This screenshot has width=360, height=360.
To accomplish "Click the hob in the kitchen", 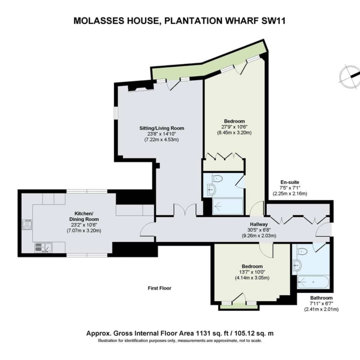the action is (x=27, y=224).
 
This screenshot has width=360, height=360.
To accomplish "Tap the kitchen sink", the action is (x=43, y=247).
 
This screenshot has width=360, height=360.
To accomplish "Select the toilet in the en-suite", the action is (x=217, y=178).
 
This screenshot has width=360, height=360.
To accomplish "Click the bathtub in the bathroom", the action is (x=313, y=282).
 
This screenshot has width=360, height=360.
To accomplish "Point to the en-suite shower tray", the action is (x=228, y=206).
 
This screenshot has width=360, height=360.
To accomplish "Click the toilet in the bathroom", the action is (x=302, y=251).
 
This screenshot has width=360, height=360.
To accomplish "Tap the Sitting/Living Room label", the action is (x=162, y=128).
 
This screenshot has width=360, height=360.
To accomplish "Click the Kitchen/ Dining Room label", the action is (x=84, y=216).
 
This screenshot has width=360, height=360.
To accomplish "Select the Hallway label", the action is (x=259, y=224).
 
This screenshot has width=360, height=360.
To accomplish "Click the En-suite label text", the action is (x=290, y=182).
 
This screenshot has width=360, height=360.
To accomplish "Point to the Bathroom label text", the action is (x=321, y=298).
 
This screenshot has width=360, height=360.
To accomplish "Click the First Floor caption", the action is (x=160, y=288).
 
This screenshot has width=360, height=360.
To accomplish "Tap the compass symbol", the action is (x=350, y=77).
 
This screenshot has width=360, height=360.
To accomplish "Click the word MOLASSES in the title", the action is (x=98, y=21).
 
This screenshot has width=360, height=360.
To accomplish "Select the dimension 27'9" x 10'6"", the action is (x=234, y=127).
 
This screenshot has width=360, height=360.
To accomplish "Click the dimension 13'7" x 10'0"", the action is (x=252, y=272).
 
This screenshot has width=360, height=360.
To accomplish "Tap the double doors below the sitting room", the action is (x=185, y=210).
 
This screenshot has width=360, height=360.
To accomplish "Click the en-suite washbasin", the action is (x=211, y=190).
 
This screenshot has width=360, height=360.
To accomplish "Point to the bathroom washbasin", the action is (x=297, y=266).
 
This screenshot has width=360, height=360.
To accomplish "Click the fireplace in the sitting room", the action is (x=140, y=88).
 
